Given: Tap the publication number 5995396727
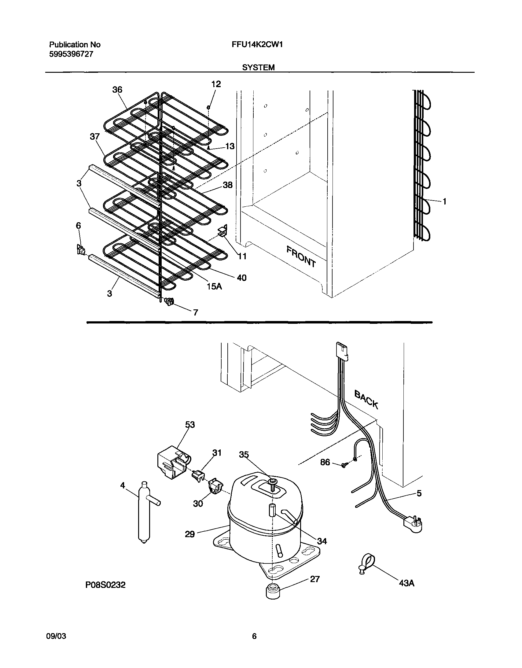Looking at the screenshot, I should pos(71,54).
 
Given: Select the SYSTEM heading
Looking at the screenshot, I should pos(258,68).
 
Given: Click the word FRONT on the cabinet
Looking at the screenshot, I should pos(301,256).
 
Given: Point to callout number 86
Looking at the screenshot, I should pos(325,462).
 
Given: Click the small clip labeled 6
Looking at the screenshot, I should pos(81,250).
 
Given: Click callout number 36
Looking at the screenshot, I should pos(117,90).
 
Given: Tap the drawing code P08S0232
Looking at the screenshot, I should pos(105,585).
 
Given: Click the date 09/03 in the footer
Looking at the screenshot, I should pos(56,636).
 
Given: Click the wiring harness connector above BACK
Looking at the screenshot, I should pos(342,351).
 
